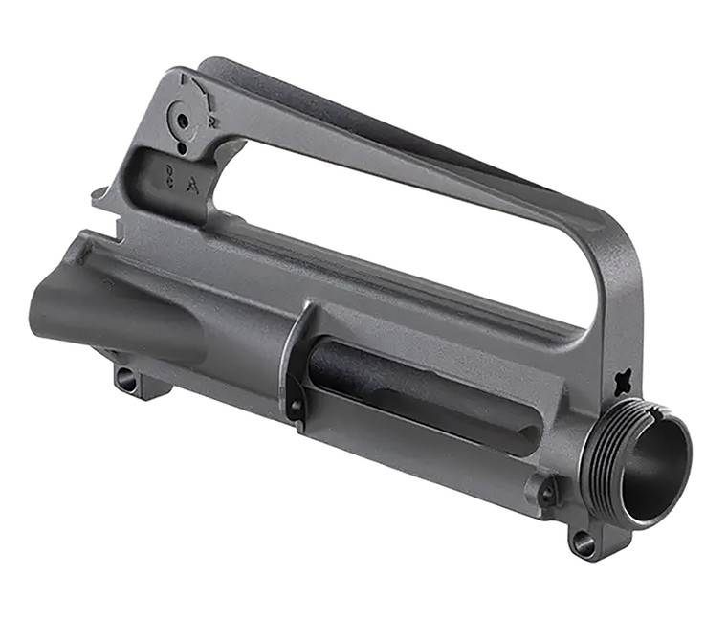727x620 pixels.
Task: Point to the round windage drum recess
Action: pyautogui.click(x=179, y=120)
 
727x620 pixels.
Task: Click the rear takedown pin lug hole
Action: pyautogui.click(x=126, y=380)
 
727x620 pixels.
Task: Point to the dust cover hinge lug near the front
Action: pyautogui.click(x=546, y=493)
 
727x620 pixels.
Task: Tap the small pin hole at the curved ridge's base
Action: pyautogui.click(x=296, y=410)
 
